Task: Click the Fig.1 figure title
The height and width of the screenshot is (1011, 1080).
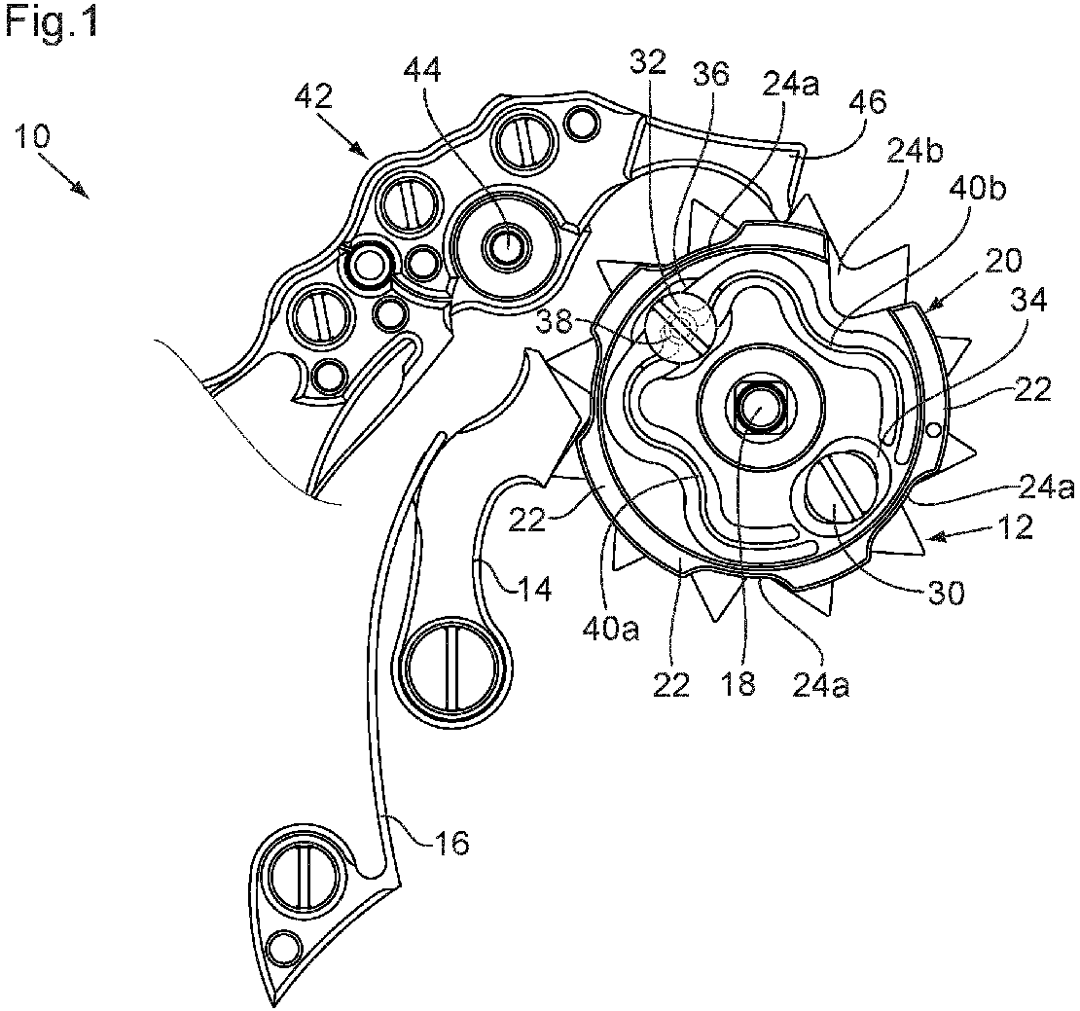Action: click(x=52, y=22)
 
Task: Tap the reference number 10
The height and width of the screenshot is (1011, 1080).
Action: click(x=32, y=135)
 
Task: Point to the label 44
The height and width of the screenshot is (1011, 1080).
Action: click(x=422, y=69)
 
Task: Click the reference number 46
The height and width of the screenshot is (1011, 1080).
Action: click(x=868, y=102)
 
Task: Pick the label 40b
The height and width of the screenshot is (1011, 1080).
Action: click(x=977, y=187)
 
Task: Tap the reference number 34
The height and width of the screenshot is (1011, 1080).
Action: click(x=1028, y=300)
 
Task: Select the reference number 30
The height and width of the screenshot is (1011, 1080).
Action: click(x=946, y=593)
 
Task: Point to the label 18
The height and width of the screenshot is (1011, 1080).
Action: click(x=738, y=685)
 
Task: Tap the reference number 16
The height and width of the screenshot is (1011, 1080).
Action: click(x=451, y=842)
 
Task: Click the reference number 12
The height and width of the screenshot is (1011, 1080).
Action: click(x=1015, y=527)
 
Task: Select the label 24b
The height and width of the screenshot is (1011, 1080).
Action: click(x=915, y=153)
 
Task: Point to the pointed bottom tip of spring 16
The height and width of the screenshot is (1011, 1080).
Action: click(x=268, y=1004)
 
